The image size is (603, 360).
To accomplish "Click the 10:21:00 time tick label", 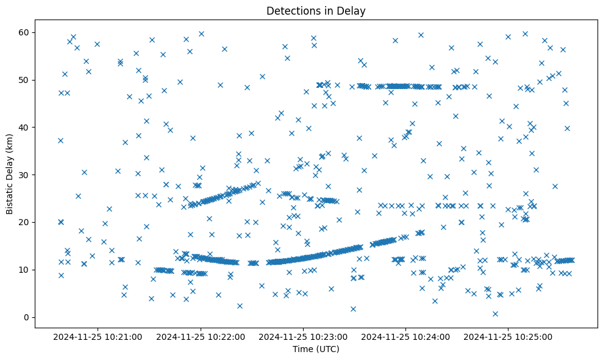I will [x=98, y=336].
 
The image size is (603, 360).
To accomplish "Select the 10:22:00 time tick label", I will [x=201, y=336].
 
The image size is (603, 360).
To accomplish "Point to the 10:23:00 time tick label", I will [x=304, y=336].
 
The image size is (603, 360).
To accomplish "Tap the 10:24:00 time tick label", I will [x=406, y=336].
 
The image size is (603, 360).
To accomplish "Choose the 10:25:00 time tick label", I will [x=509, y=336].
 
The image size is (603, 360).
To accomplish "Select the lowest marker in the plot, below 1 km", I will [x=495, y=314].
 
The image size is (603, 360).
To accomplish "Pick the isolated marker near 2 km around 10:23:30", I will [x=353, y=309].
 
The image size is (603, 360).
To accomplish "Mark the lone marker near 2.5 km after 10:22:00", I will [x=240, y=306].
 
